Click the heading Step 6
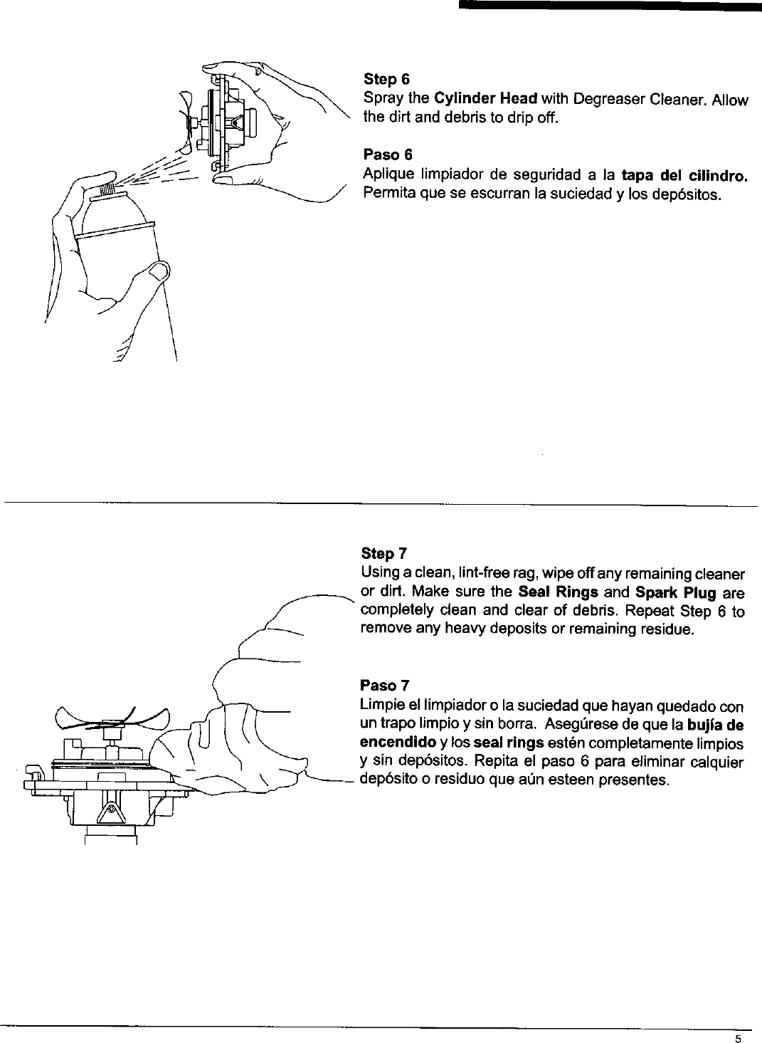point(386,78)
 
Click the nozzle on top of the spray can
point(106,187)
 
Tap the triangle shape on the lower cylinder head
point(110,810)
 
